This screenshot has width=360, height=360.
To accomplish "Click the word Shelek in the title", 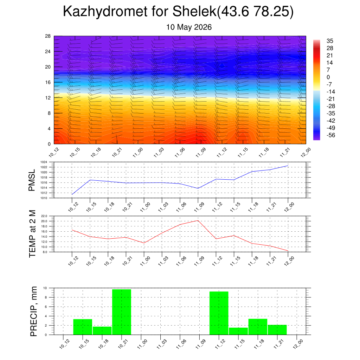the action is click(x=194, y=11).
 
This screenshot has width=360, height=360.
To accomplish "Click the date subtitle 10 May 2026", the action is click(x=189, y=27).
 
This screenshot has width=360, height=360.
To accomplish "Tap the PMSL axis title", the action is click(x=32, y=180).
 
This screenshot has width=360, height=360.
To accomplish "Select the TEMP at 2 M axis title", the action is click(x=32, y=234).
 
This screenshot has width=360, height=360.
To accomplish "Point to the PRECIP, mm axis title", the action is click(x=33, y=311).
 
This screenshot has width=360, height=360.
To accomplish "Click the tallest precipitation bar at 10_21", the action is click(x=121, y=312).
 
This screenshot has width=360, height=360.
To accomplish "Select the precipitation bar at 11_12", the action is click(x=219, y=313).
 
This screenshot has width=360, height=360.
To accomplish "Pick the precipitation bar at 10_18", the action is click(x=102, y=330).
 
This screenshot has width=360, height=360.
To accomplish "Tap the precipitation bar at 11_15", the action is click(x=238, y=331).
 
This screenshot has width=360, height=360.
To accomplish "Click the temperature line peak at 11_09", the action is click(x=198, y=220).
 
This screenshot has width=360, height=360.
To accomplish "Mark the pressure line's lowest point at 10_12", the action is click(x=72, y=194).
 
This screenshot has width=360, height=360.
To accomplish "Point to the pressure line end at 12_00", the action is click(x=288, y=166).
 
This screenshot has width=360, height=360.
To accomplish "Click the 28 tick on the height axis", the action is click(x=48, y=36).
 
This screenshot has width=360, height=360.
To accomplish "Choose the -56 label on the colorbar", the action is click(x=330, y=135).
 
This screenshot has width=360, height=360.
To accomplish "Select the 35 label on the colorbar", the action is click(x=330, y=41).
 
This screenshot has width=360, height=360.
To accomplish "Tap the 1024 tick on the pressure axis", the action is click(x=44, y=162).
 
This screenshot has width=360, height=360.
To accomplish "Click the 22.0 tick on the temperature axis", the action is click(x=44, y=216).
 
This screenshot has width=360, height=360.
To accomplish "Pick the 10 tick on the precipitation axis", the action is click(x=45, y=288).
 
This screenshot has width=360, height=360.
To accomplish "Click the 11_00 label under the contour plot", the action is click(x=138, y=153).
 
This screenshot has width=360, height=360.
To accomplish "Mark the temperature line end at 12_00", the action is click(x=288, y=251).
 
